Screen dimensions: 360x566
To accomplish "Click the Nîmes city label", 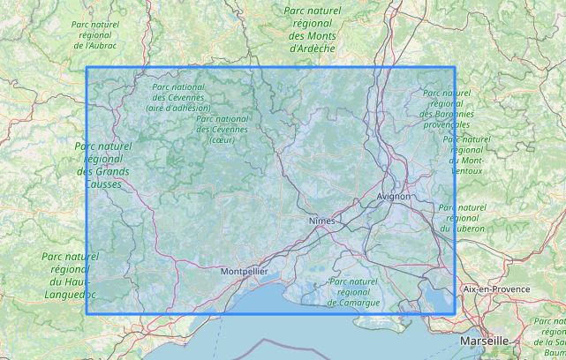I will (x=324, y=218).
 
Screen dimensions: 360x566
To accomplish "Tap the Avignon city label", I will (x=393, y=196).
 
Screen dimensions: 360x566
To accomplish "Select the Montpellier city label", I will (x=244, y=271).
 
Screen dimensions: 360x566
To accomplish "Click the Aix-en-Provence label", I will (x=496, y=289).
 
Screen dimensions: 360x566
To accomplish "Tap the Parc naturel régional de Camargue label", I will (x=353, y=291).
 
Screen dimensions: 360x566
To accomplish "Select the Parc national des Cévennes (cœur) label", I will (x=223, y=129).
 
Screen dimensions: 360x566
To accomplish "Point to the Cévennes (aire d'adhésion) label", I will (x=178, y=97).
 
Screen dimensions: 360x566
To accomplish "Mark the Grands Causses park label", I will (x=103, y=159).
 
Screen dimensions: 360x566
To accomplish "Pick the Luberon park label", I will (x=462, y=218).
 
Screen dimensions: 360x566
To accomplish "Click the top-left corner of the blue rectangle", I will (x=87, y=68).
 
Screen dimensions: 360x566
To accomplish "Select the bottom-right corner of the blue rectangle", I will (x=455, y=313).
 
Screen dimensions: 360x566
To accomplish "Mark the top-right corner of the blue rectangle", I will (x=455, y=68).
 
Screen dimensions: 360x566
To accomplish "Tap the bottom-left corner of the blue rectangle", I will (x=87, y=313).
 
